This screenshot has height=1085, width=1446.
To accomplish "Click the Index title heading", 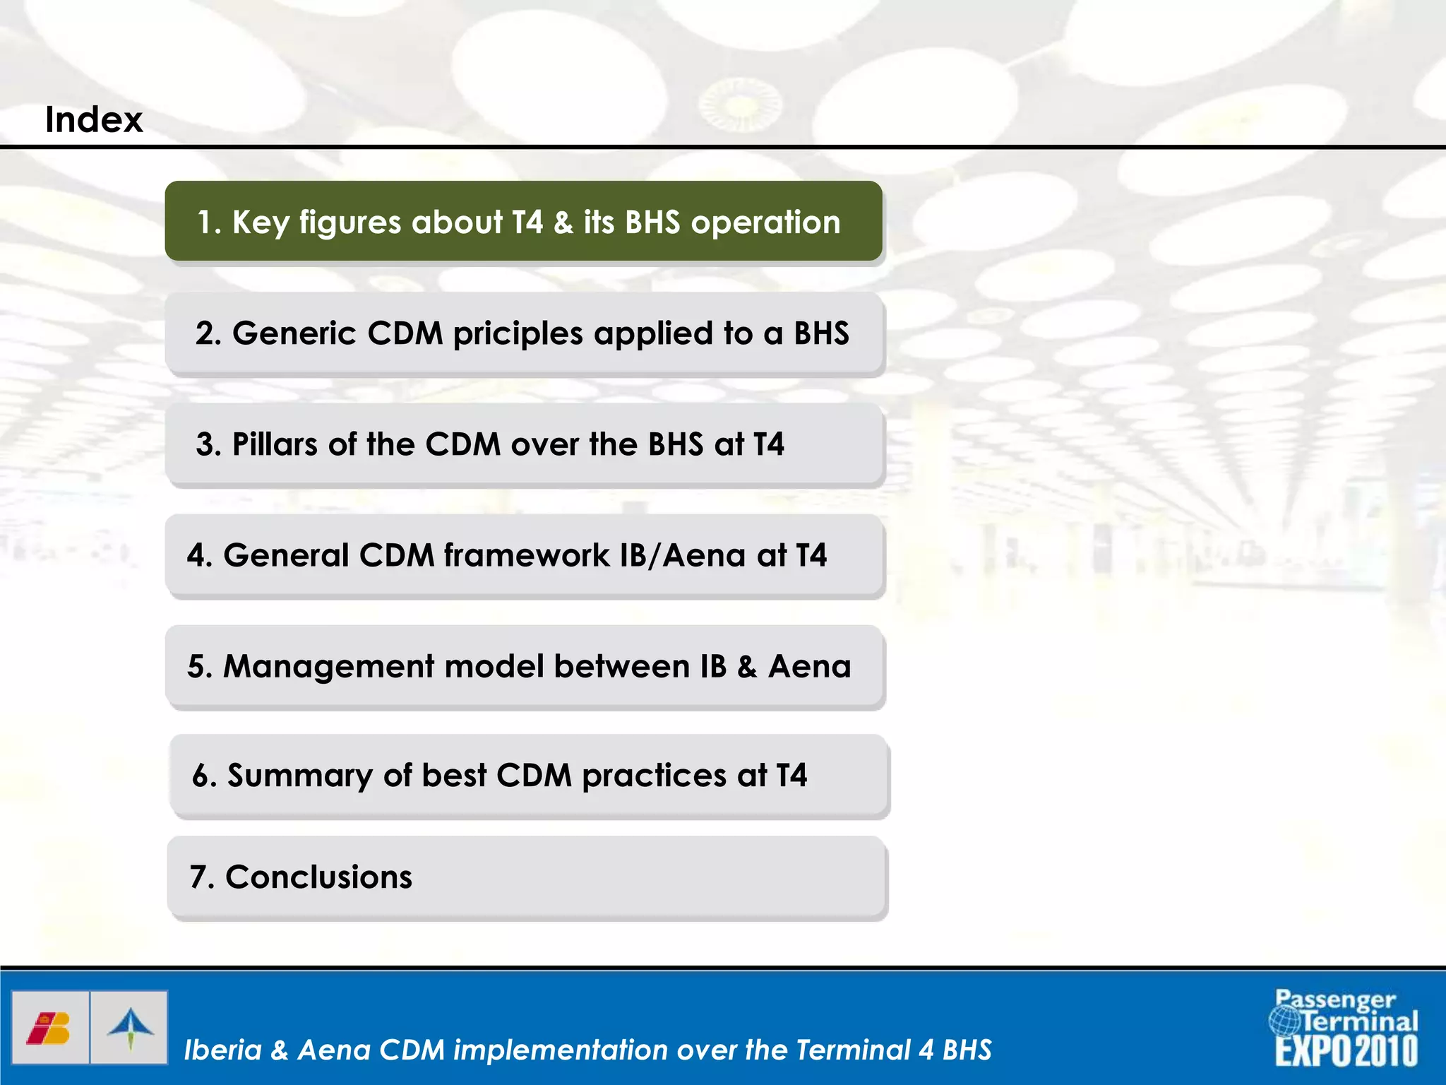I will click(x=94, y=119).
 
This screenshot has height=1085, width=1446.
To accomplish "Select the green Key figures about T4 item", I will click(x=523, y=222).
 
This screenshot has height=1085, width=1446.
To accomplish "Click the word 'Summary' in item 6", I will click(x=299, y=776).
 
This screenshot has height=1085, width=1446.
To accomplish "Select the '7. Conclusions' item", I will click(x=301, y=877).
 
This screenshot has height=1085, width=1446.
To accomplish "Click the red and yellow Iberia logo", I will click(x=49, y=1028).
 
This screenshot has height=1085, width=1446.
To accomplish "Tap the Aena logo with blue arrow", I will click(x=130, y=1028).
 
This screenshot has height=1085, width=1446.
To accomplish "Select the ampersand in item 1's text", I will click(x=563, y=223).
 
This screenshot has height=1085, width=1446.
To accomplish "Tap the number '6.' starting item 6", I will click(x=203, y=776).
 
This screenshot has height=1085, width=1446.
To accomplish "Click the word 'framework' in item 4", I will click(x=527, y=555).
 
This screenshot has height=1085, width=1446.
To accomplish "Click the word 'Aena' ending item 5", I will click(x=809, y=667).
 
